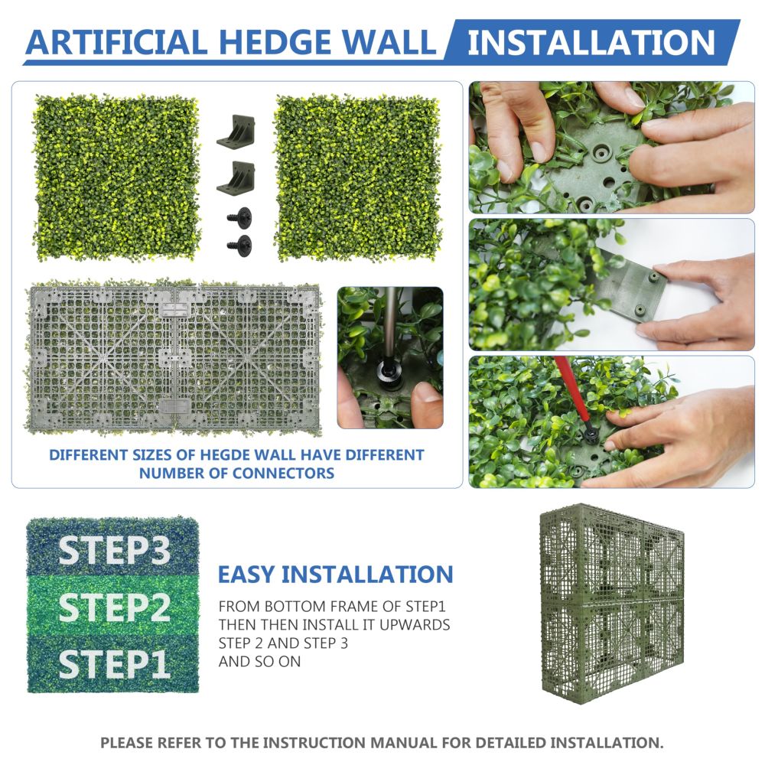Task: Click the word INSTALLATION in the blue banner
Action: tap(591, 42)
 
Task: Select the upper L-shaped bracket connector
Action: tap(236, 132)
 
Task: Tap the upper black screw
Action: tap(239, 216)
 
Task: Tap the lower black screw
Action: tap(239, 243)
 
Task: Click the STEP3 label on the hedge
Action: tap(115, 550)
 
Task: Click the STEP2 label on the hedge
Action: tap(115, 607)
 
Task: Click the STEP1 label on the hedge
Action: tap(115, 664)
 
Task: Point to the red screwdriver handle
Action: tap(573, 391)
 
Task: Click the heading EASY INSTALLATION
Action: tap(336, 575)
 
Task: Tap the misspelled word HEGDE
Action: tap(226, 455)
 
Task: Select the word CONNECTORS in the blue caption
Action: tap(284, 474)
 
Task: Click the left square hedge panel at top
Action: tap(116, 177)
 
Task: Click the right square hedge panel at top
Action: tap(357, 177)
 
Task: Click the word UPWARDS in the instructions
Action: tap(415, 624)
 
